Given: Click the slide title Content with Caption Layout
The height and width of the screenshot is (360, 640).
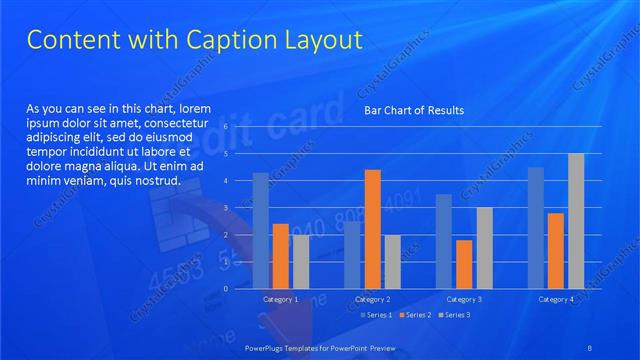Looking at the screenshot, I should (x=193, y=40).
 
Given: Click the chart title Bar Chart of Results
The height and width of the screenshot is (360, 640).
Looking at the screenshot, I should (x=413, y=110).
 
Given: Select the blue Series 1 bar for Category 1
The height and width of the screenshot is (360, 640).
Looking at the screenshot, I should (x=260, y=230).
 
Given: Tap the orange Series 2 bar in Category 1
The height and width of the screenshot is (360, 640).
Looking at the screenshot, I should (x=280, y=256).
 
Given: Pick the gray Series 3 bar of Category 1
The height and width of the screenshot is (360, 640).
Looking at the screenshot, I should (x=300, y=261).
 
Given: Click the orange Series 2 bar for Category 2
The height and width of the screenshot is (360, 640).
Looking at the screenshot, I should (x=372, y=229).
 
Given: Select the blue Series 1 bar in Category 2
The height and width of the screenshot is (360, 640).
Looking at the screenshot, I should (x=352, y=254).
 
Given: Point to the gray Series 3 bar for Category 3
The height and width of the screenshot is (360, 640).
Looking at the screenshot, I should (x=484, y=248).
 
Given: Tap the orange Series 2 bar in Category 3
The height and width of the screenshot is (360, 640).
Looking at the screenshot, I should (x=464, y=264).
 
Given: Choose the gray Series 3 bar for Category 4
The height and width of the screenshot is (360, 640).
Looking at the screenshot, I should (x=576, y=221).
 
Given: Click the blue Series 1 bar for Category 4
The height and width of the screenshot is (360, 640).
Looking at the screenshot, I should (x=536, y=228).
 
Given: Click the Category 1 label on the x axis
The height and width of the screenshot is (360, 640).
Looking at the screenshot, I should (x=280, y=299).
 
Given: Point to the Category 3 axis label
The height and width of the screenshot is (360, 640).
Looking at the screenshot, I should (x=464, y=299).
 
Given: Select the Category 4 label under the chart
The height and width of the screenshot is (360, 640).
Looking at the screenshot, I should (x=556, y=299).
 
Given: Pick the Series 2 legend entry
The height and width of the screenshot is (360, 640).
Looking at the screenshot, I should (x=416, y=315).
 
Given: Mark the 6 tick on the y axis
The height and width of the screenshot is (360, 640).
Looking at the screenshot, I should (x=226, y=127).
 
